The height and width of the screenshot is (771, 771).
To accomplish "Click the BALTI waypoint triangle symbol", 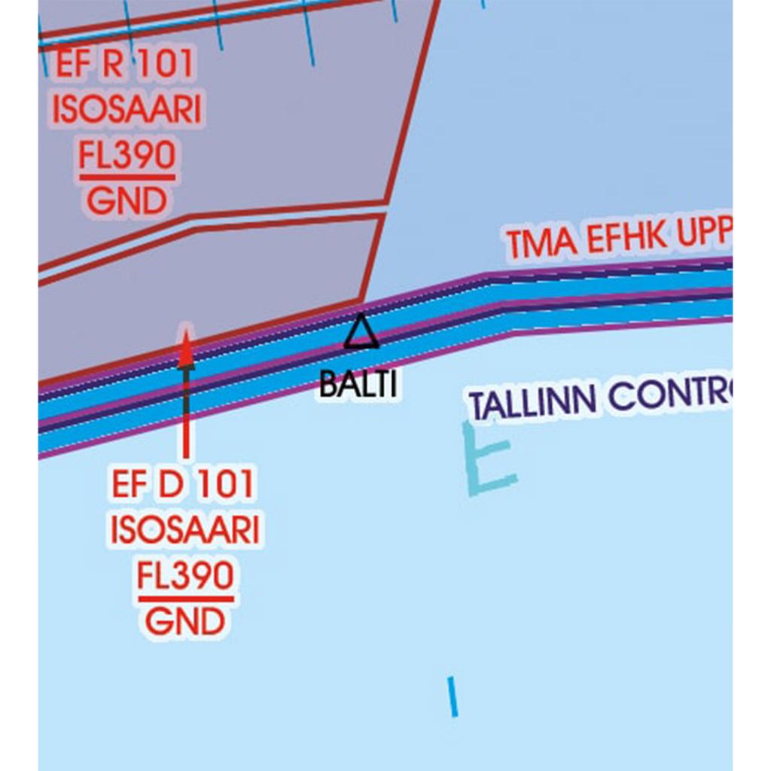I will pos(361,333).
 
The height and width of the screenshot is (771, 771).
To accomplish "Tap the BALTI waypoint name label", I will pos(358,385).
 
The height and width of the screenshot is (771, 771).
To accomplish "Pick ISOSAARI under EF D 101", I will pos(185,531).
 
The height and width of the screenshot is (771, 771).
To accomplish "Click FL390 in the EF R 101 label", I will pos(126,156).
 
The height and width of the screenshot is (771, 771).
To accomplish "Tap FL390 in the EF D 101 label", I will pos(185,577).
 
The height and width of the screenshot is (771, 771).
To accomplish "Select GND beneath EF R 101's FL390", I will pos(126,201).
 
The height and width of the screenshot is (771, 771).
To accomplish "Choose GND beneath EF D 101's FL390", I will pos(185,623).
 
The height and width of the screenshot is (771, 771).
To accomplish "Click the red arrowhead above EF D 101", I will pos(186,349).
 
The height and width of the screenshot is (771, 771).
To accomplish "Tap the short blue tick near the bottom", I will pos(453,696).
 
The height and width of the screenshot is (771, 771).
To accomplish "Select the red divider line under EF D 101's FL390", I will pos(185,599).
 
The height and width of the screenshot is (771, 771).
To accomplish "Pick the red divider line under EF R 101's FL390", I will pos(126,178).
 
